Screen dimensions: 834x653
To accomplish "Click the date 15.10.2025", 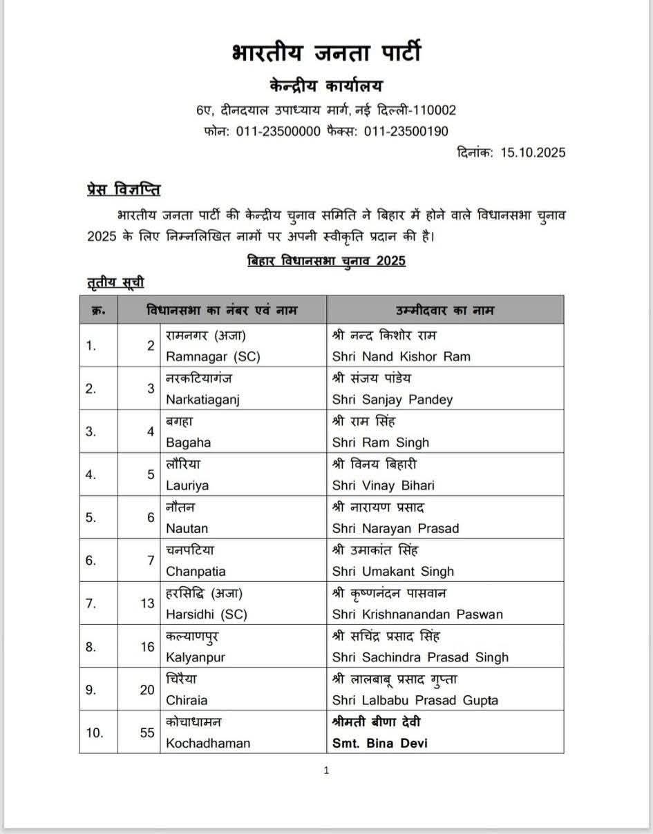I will click(533, 153).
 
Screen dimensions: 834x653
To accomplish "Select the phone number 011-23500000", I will click(278, 131).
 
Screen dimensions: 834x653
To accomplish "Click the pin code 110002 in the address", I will click(431, 110).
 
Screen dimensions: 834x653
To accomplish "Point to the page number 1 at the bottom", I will click(326, 770).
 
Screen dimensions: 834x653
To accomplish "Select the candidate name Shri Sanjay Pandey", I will click(392, 399).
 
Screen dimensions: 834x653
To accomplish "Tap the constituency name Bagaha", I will click(188, 442).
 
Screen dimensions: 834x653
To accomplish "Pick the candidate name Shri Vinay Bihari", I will click(384, 485).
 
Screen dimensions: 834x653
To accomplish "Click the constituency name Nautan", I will click(187, 528).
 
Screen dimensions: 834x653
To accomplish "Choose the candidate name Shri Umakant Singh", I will click(393, 571).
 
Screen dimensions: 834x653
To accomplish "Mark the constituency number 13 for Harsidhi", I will click(147, 603).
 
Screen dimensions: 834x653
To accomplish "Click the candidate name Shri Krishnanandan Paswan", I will click(417, 614).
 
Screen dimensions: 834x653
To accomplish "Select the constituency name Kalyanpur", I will click(196, 657).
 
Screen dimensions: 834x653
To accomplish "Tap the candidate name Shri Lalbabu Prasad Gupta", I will click(415, 699).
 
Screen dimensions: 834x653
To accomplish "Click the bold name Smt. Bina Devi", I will click(379, 743).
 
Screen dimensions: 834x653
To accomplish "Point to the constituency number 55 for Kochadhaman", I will click(147, 733).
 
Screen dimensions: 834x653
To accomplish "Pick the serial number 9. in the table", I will click(91, 689).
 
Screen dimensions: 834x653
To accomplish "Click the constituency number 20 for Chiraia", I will click(147, 689).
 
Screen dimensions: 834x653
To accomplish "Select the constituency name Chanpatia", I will click(196, 571).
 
